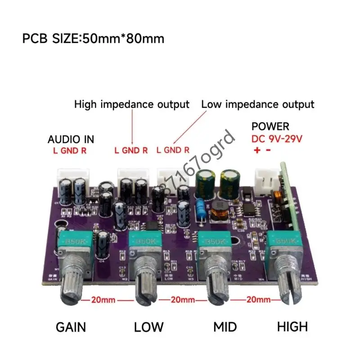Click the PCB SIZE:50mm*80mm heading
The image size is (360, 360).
[x=93, y=38]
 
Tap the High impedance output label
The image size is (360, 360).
[x=132, y=104]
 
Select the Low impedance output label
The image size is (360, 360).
[x=258, y=104]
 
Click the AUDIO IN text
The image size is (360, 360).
[x=71, y=139]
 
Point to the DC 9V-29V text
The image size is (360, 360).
[x=278, y=139]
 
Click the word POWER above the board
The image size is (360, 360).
[x=270, y=127]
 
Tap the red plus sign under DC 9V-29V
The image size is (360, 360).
[x=257, y=151]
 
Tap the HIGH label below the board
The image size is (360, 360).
[x=292, y=326]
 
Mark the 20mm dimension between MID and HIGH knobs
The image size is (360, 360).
[x=258, y=299]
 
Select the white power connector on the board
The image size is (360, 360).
[x=265, y=178]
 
